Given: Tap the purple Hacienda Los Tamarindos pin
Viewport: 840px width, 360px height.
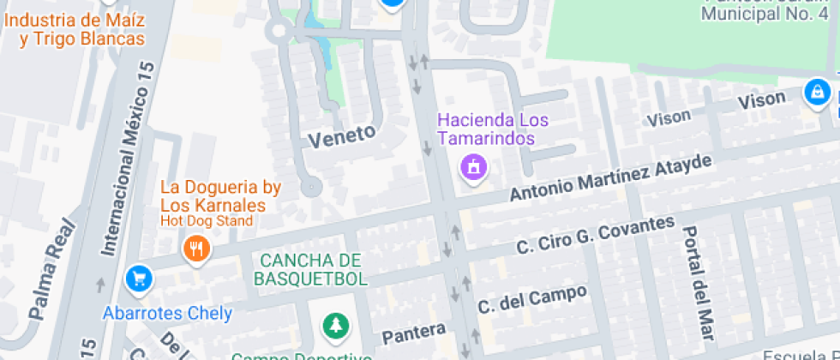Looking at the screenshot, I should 472,166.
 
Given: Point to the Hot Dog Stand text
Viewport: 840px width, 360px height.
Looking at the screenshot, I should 207,221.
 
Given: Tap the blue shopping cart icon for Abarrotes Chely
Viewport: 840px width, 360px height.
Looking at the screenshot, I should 137,278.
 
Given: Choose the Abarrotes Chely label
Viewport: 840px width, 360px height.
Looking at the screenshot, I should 167,313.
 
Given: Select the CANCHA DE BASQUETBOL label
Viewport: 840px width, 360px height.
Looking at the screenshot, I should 310,269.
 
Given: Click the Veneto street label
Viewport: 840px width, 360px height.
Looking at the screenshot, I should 342,135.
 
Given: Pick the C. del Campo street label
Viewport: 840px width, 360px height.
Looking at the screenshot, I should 532,299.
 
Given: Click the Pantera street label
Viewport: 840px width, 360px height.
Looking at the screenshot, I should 414,332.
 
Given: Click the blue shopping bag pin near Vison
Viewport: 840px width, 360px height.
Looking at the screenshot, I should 817,91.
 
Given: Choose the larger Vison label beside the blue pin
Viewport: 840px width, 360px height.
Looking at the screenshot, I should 761,101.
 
